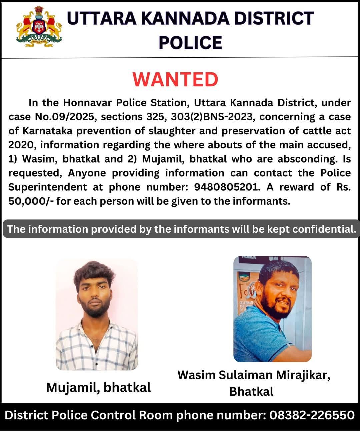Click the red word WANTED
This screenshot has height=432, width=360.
[x=175, y=79]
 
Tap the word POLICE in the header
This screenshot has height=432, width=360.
[x=190, y=43]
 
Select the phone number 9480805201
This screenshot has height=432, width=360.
[x=226, y=187]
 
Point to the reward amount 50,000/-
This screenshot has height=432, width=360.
[x=31, y=201]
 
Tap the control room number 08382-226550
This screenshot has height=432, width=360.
[x=312, y=415]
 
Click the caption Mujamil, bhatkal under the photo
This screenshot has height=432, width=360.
[x=98, y=387]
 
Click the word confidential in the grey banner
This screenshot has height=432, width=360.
[x=324, y=229]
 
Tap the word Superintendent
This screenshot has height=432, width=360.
[x=48, y=187]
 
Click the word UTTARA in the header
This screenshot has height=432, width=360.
[x=101, y=19]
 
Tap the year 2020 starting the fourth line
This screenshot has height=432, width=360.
[x=21, y=145]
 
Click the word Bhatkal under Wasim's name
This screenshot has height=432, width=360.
[x=251, y=391]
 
